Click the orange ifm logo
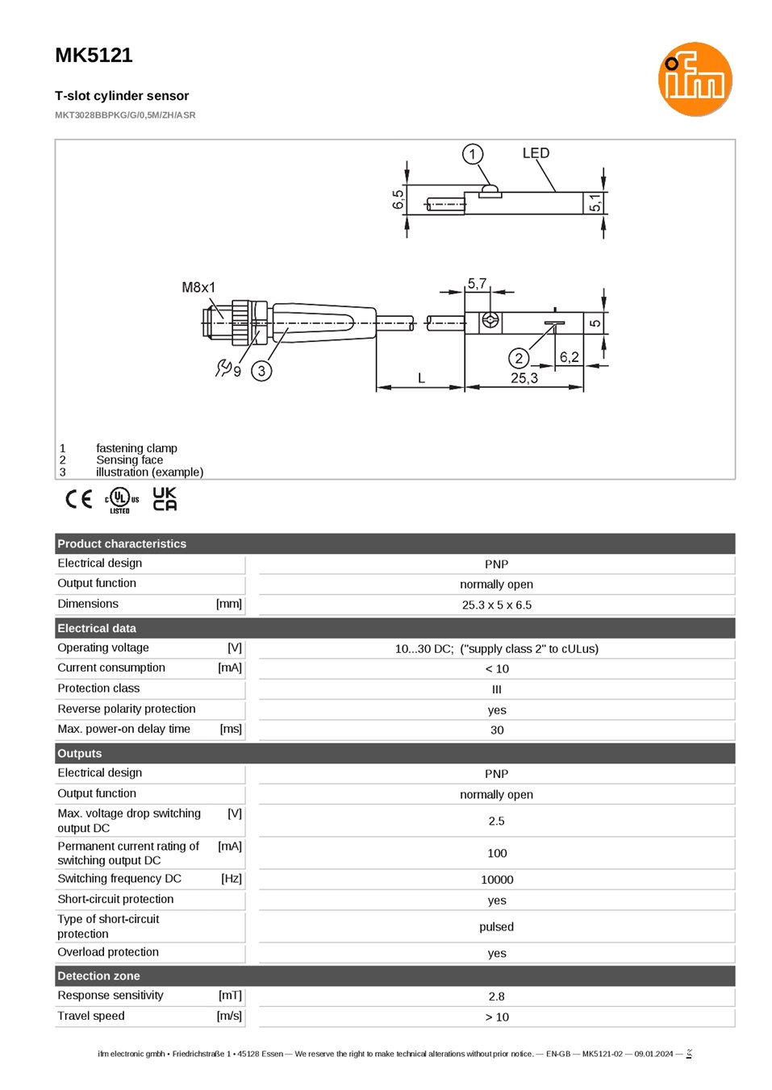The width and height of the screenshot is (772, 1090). [x=695, y=79]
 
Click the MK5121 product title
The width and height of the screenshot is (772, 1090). [x=94, y=55]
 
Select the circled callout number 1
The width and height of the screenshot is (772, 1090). [x=472, y=154]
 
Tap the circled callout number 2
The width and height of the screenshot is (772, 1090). [x=519, y=359]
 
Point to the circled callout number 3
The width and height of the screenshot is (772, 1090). [x=261, y=371]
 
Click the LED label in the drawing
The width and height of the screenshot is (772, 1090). [x=536, y=153]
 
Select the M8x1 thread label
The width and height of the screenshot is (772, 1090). [x=198, y=287]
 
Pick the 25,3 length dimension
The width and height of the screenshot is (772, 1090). [x=524, y=378]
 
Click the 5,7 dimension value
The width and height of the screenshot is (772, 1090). [x=477, y=283]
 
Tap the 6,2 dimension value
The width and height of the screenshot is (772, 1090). [x=569, y=357]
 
